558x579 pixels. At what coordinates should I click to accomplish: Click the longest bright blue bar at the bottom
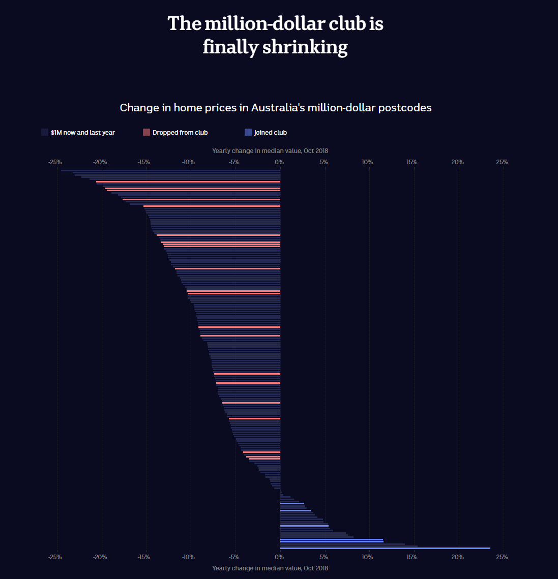[385, 548]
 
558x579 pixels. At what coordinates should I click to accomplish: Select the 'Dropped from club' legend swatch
[146, 132]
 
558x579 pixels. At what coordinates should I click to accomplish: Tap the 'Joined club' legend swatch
[248, 132]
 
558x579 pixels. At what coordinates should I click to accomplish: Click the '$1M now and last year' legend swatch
[45, 132]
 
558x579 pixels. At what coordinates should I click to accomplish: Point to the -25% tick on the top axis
[55, 162]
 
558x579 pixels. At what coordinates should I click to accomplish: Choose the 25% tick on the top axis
[502, 162]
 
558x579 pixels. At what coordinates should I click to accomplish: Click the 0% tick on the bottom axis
[279, 557]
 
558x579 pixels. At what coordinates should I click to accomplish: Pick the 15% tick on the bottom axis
[412, 557]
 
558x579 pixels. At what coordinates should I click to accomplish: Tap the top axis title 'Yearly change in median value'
[270, 151]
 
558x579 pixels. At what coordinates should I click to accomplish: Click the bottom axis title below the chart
[270, 568]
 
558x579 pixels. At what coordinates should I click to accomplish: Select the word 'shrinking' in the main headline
[305, 47]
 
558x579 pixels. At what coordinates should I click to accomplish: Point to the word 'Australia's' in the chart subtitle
[278, 108]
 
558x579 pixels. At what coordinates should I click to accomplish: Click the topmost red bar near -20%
[188, 181]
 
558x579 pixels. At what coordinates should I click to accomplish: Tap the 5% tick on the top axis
[324, 162]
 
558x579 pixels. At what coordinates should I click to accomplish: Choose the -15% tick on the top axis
[144, 162]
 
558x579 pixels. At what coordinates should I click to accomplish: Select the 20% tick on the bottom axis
[457, 557]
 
